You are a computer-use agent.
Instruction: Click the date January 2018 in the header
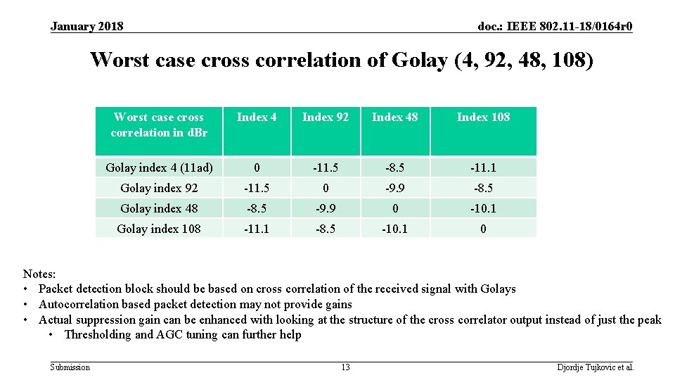coord(86,27)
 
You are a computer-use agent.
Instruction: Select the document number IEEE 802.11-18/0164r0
coord(555,27)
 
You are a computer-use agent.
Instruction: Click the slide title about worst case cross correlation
coord(342,60)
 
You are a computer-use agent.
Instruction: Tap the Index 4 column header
coord(257,118)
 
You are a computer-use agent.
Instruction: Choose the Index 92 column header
coord(325,118)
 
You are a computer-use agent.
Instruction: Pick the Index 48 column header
coord(394,118)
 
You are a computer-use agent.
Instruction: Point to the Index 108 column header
coord(483,118)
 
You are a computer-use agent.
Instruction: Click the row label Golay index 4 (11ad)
coord(159,168)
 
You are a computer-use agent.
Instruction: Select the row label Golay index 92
coord(159,189)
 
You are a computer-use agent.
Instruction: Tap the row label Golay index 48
coord(159,209)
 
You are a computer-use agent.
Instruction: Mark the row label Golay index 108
coord(159,229)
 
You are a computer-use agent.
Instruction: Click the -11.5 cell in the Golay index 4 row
coord(325,168)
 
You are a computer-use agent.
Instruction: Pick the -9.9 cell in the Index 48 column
coord(394,189)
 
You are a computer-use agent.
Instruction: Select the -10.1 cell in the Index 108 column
coord(483,209)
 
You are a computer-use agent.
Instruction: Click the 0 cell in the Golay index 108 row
coord(483,229)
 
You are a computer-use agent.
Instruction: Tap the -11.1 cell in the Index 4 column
coord(257,229)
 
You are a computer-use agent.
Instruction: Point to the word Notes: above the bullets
coord(39,274)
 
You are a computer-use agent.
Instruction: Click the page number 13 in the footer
coord(345,367)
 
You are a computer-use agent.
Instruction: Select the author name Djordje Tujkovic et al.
coord(595,367)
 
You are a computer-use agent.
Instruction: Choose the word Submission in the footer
coord(70,367)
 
